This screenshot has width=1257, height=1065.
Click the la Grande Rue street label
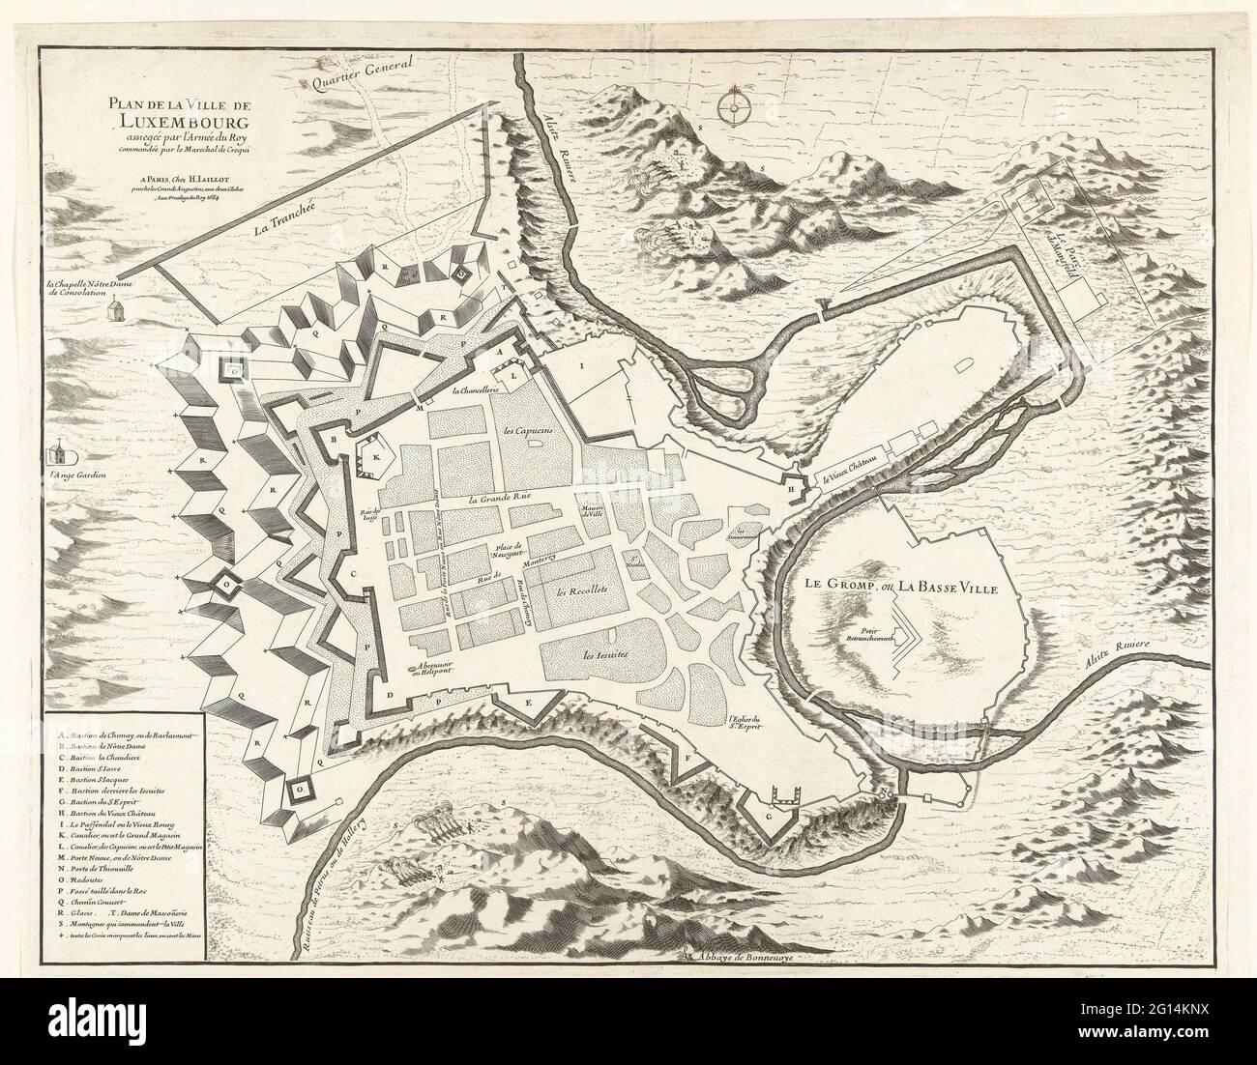503,499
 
